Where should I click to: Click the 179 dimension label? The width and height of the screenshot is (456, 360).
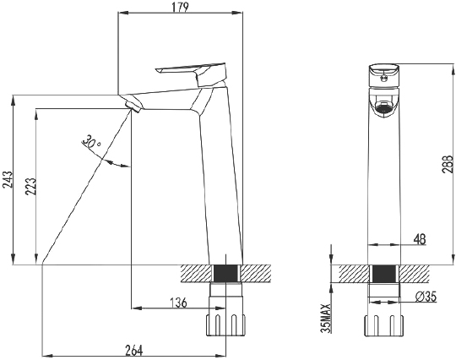point(181,7)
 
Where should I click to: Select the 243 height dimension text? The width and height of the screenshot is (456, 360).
point(8,179)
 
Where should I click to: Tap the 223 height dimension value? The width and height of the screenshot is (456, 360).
point(31,186)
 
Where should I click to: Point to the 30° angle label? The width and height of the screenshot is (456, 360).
point(91,141)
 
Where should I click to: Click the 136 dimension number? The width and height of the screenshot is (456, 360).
point(177,303)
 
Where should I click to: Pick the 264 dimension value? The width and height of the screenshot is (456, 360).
point(134,351)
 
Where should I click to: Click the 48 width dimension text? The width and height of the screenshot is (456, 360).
point(420,239)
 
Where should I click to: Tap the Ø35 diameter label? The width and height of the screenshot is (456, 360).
point(426,297)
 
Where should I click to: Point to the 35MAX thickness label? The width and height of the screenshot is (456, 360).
point(326,318)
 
